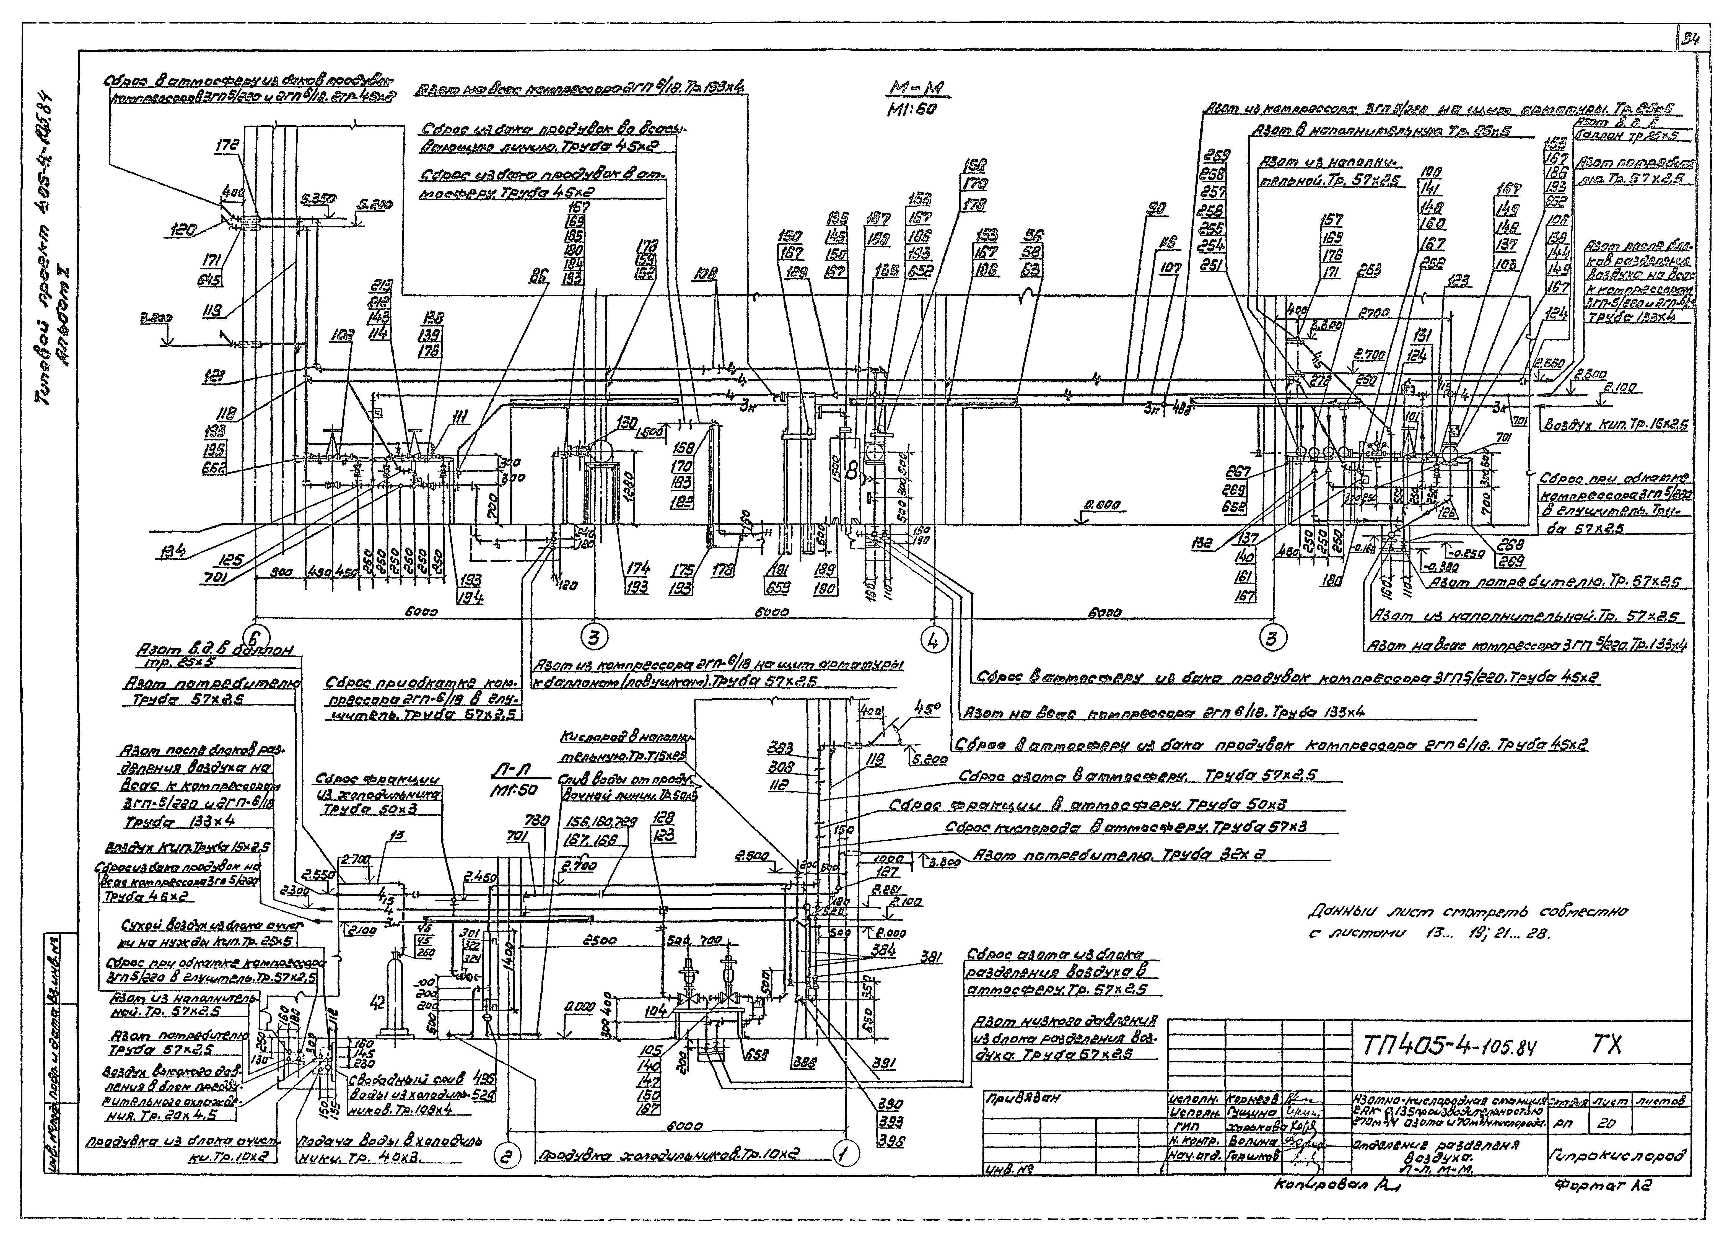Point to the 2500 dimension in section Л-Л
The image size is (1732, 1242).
(600, 940)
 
